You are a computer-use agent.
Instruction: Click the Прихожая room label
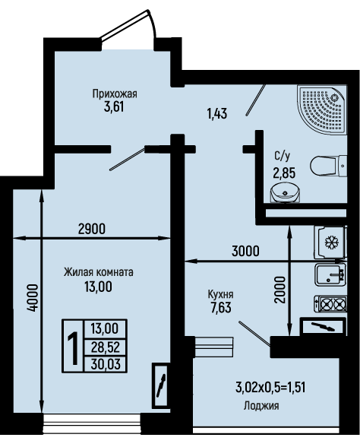pos(115,94)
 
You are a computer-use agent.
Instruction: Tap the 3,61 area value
pos(114,107)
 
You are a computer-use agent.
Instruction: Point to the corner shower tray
pos(322,109)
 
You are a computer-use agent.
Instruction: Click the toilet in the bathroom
pos(328,166)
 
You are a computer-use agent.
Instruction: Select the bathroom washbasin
pos(285,193)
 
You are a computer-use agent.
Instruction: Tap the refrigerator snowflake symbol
pos(331,243)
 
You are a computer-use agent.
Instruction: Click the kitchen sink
pos(330,274)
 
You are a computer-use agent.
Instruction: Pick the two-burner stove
pos(330,303)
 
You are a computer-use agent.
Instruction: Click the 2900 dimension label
pos(92,229)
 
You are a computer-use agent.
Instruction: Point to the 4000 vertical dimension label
pos(33,298)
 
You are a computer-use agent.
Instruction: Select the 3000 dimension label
pos(245,251)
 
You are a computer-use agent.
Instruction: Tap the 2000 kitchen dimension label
pos(280,290)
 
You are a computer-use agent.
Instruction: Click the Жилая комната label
pos(98,272)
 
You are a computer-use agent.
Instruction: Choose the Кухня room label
pos(221,294)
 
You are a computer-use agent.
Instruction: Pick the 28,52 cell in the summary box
pos(106,347)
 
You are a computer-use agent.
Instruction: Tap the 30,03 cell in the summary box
pos(106,364)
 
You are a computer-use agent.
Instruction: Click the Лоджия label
pos(261,406)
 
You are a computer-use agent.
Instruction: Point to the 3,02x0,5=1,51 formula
pos(270,388)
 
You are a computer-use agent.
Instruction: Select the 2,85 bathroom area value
pos(284,173)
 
